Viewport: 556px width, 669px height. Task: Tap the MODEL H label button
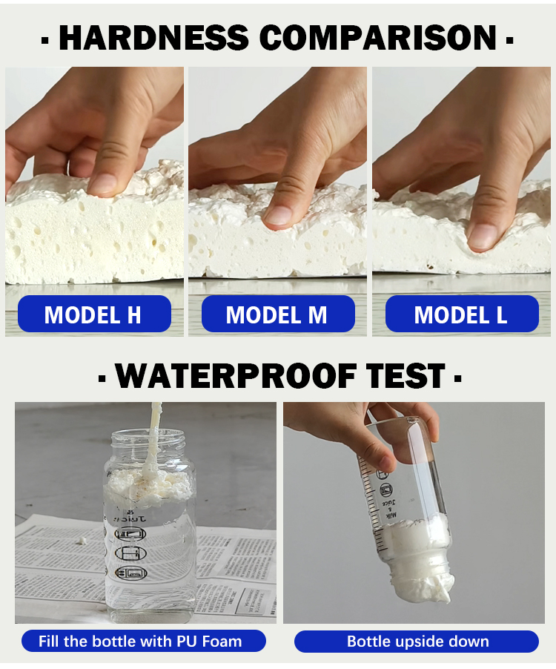pos(93,314)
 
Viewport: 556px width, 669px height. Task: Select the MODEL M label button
pos(277,314)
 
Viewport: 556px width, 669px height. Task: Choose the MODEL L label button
pos(461,314)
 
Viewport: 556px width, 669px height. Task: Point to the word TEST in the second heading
pos(409,376)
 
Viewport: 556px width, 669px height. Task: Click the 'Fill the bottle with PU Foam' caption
pos(140,641)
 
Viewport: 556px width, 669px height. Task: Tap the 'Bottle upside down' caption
pos(417,641)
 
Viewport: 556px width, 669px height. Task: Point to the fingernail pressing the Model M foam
pos(279,214)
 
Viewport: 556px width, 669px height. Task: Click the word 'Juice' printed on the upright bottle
pos(131,520)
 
